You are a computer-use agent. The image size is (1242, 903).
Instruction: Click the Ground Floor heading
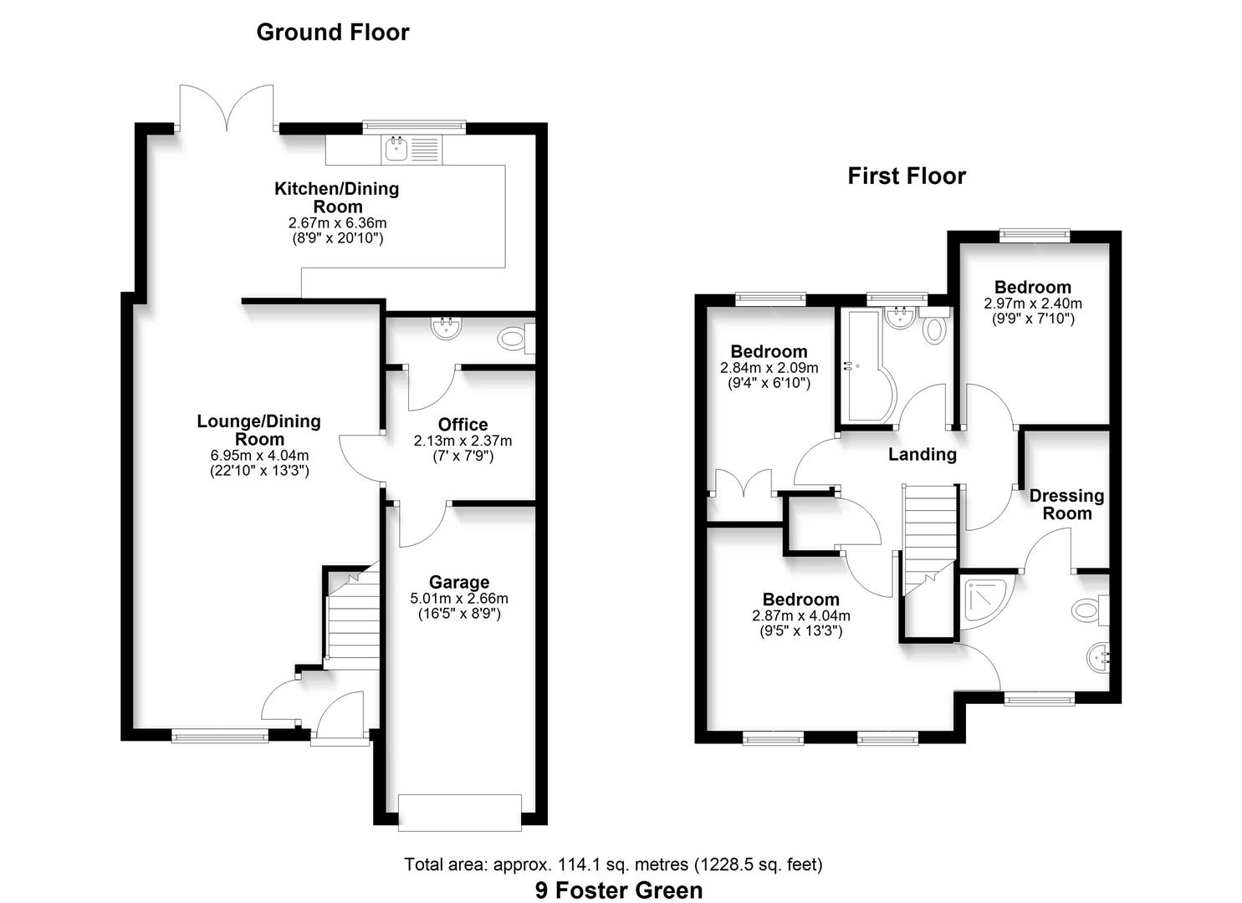(332, 33)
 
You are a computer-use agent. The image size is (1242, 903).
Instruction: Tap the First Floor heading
(907, 176)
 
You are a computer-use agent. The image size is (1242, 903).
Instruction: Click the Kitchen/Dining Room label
(337, 197)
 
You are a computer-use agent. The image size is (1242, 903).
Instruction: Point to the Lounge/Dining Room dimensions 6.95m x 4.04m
(259, 456)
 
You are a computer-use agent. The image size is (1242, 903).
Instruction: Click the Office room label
(463, 425)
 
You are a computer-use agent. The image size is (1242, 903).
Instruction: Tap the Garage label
(459, 582)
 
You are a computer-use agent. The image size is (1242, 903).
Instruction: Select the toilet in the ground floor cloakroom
(512, 339)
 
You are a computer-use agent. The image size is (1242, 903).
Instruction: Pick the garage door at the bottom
(460, 812)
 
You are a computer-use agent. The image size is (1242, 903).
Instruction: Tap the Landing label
(922, 454)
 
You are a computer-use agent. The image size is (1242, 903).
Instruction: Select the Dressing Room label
(1066, 505)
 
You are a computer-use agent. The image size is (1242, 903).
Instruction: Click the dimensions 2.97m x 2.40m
(1033, 304)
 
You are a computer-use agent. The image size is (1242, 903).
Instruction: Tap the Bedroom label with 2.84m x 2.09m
(769, 352)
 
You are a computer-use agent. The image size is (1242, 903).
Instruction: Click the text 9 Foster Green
(619, 890)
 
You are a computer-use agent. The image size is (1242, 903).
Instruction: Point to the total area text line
(613, 865)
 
